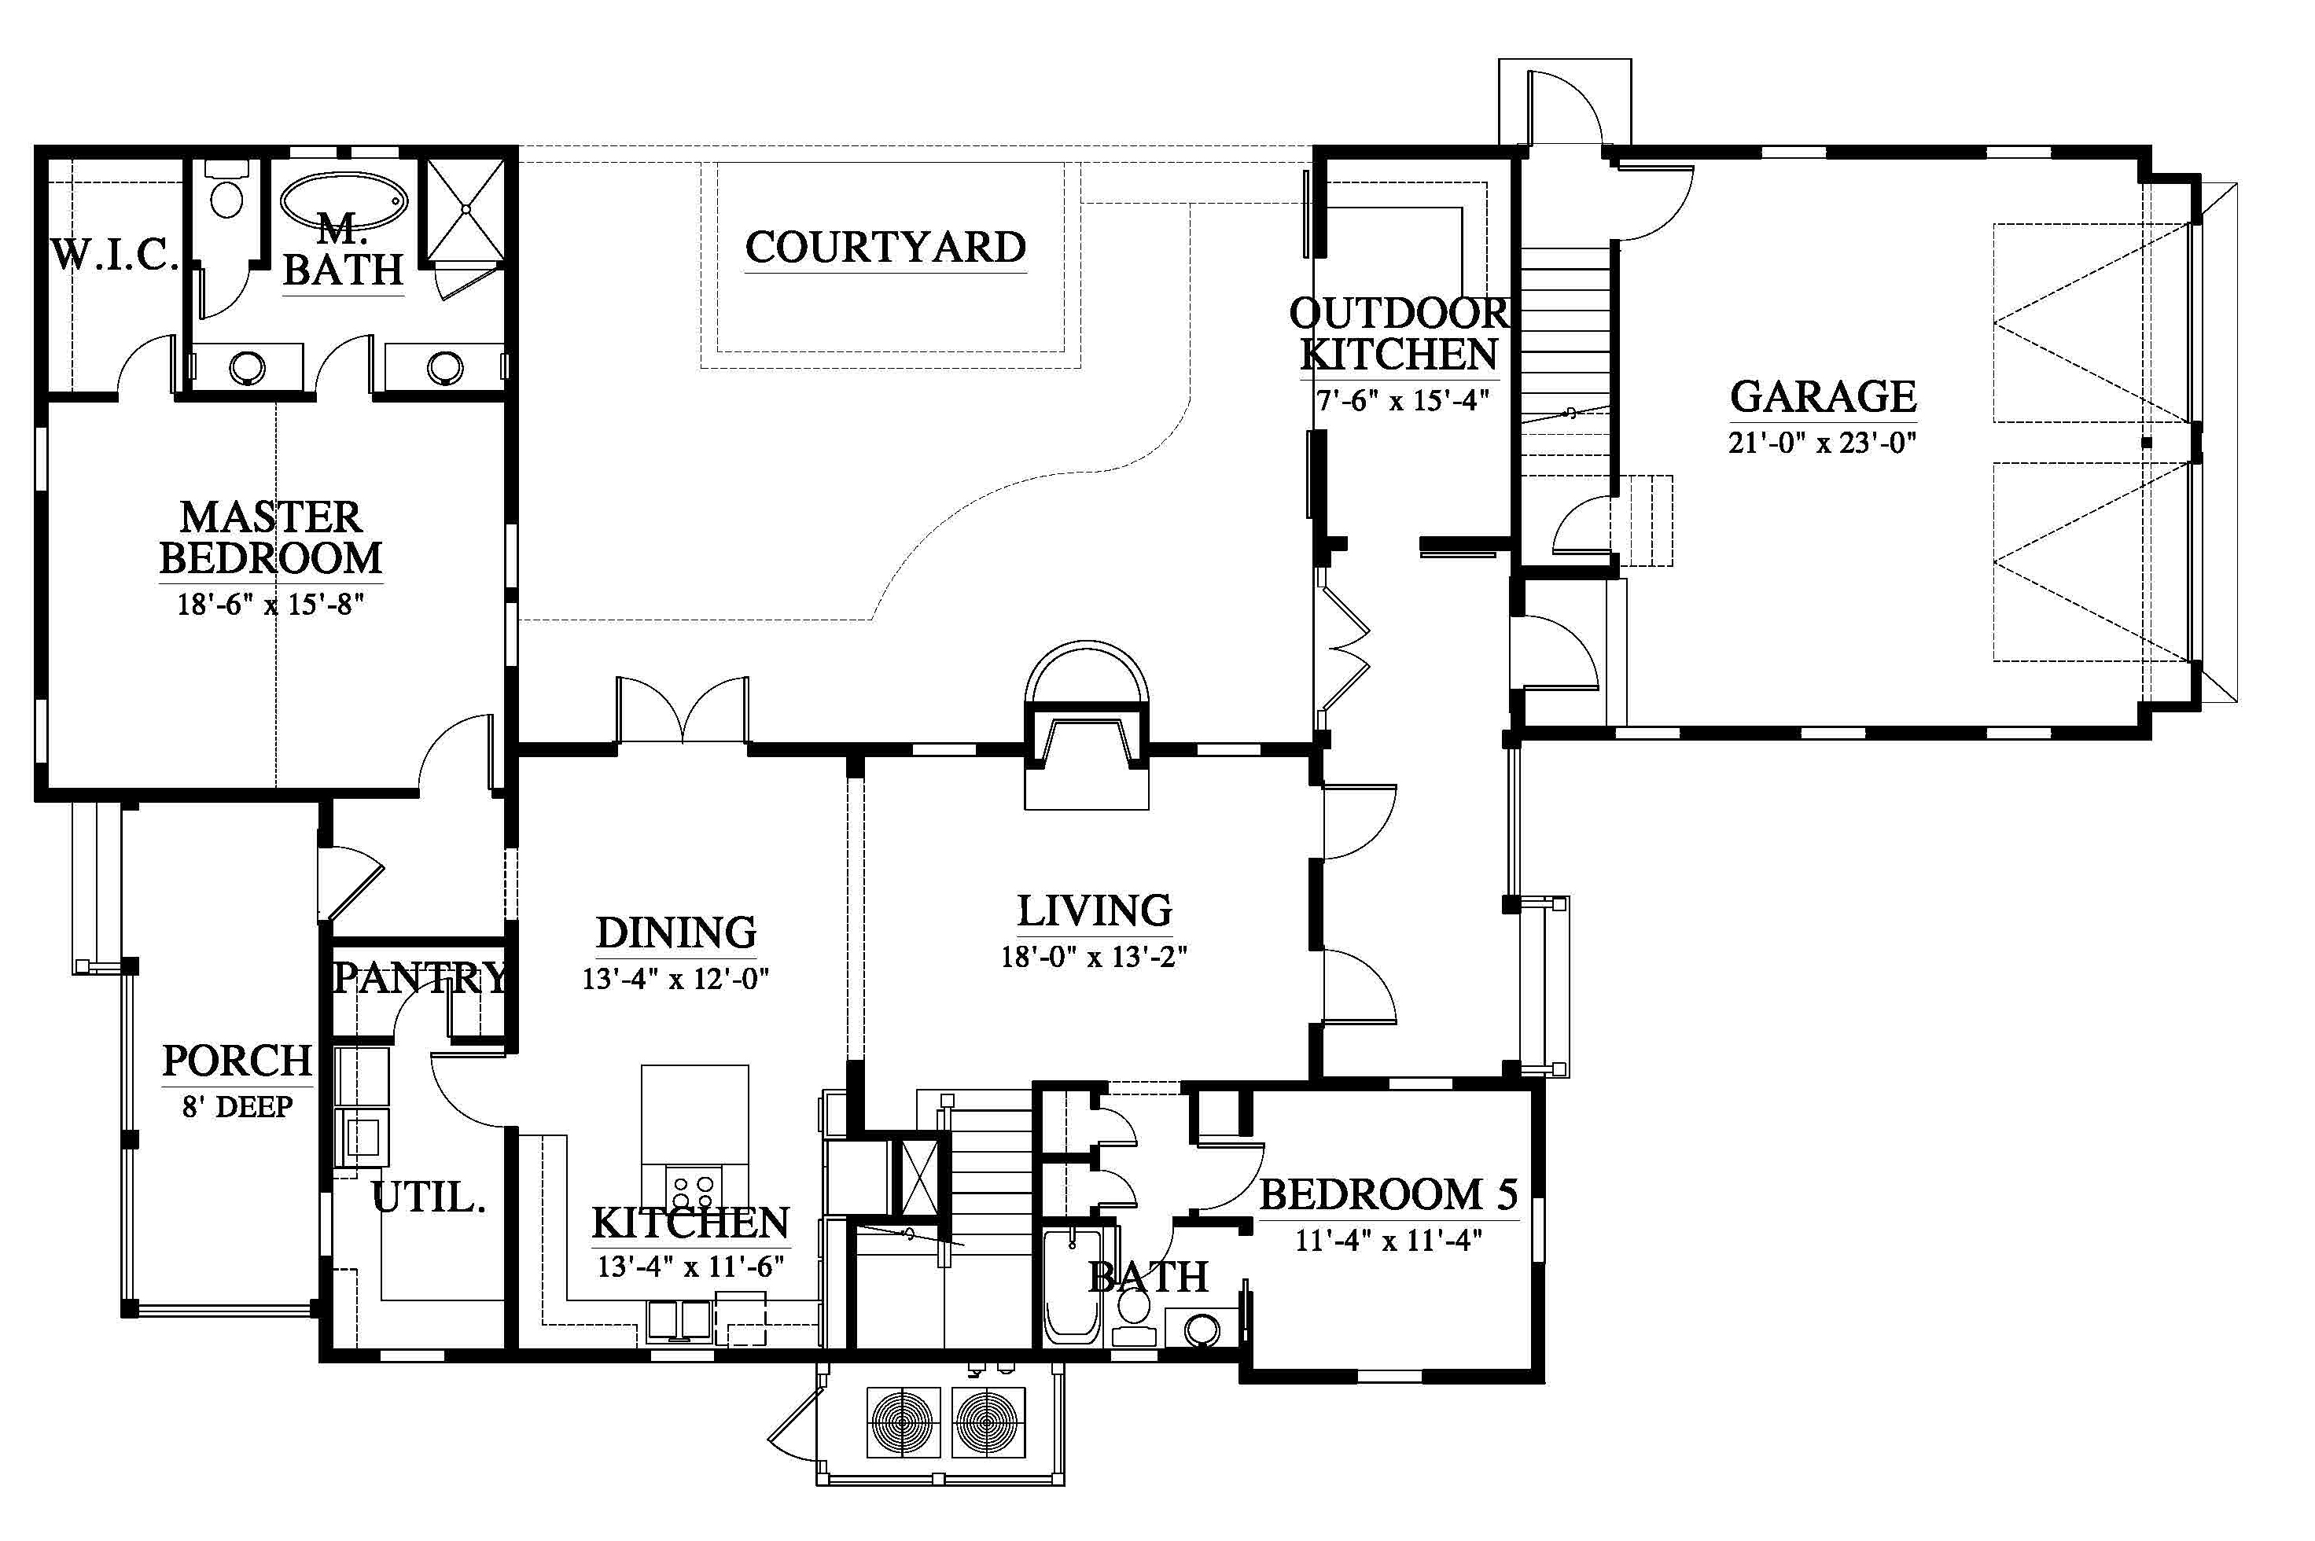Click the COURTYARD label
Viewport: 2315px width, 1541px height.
885,247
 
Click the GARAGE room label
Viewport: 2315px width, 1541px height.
1823,396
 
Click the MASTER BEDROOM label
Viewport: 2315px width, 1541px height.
271,538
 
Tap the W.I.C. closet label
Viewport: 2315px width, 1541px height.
114,256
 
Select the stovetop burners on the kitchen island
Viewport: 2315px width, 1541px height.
693,1191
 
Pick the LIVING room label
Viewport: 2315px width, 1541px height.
1094,911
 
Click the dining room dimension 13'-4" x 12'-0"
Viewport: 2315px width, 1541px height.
675,979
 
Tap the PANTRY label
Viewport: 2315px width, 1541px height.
421,978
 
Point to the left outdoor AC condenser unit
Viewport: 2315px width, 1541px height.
904,1422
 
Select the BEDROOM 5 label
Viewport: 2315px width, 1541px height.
1388,1195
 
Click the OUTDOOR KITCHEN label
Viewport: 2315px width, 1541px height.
1399,334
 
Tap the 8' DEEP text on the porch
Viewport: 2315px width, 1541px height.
237,1107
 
